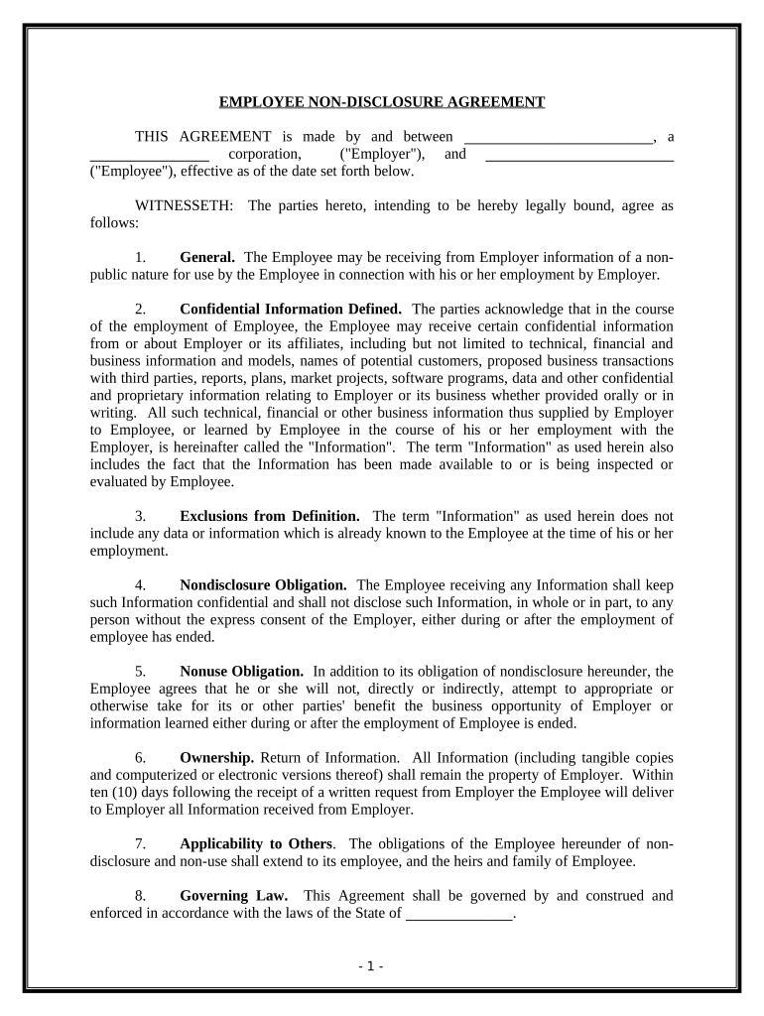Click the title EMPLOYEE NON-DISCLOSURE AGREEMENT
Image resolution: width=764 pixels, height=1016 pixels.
click(x=382, y=102)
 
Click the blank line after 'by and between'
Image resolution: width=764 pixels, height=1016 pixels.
click(x=559, y=138)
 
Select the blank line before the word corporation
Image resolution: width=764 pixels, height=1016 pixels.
click(x=149, y=156)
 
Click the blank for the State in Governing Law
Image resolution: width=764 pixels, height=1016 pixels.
click(x=459, y=915)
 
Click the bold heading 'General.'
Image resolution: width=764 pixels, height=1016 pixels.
click(x=207, y=257)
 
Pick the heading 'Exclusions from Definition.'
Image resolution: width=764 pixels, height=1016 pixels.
click(x=270, y=516)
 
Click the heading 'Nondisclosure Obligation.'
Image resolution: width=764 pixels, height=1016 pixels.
click(x=263, y=585)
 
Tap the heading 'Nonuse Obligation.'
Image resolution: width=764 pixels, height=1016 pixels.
click(x=241, y=672)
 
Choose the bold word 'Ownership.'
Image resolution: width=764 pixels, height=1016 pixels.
click(x=209, y=758)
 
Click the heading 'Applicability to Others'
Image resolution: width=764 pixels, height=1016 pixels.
click(x=256, y=844)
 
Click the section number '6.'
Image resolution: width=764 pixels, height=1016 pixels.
click(x=141, y=758)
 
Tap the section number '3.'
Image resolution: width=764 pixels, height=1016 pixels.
click(x=141, y=516)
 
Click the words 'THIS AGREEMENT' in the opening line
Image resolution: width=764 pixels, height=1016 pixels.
click(x=203, y=137)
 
